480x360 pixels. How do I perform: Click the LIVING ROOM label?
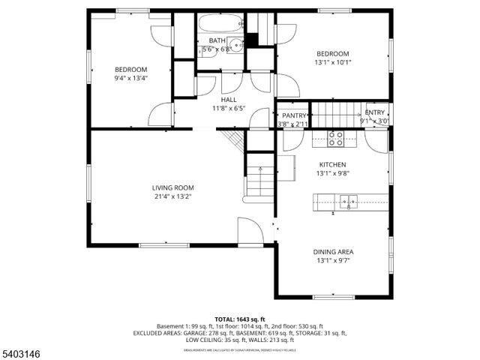coord(173,187)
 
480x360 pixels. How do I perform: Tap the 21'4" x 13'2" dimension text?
coord(173,197)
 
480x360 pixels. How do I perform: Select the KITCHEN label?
coord(332,164)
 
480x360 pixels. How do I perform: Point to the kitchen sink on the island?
coord(346,200)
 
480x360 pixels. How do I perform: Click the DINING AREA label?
coord(333,252)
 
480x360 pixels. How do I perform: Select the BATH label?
coord(217,40)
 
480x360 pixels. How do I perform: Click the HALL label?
coord(228,99)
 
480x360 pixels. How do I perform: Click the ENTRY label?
coord(374,112)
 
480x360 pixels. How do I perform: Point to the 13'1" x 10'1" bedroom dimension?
coord(332,63)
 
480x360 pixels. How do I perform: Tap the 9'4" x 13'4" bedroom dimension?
coord(130,78)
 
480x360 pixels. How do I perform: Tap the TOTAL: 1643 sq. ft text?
coord(240,319)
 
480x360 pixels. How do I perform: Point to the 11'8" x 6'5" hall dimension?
coord(228,108)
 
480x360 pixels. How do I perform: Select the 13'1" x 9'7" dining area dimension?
coord(333,262)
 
